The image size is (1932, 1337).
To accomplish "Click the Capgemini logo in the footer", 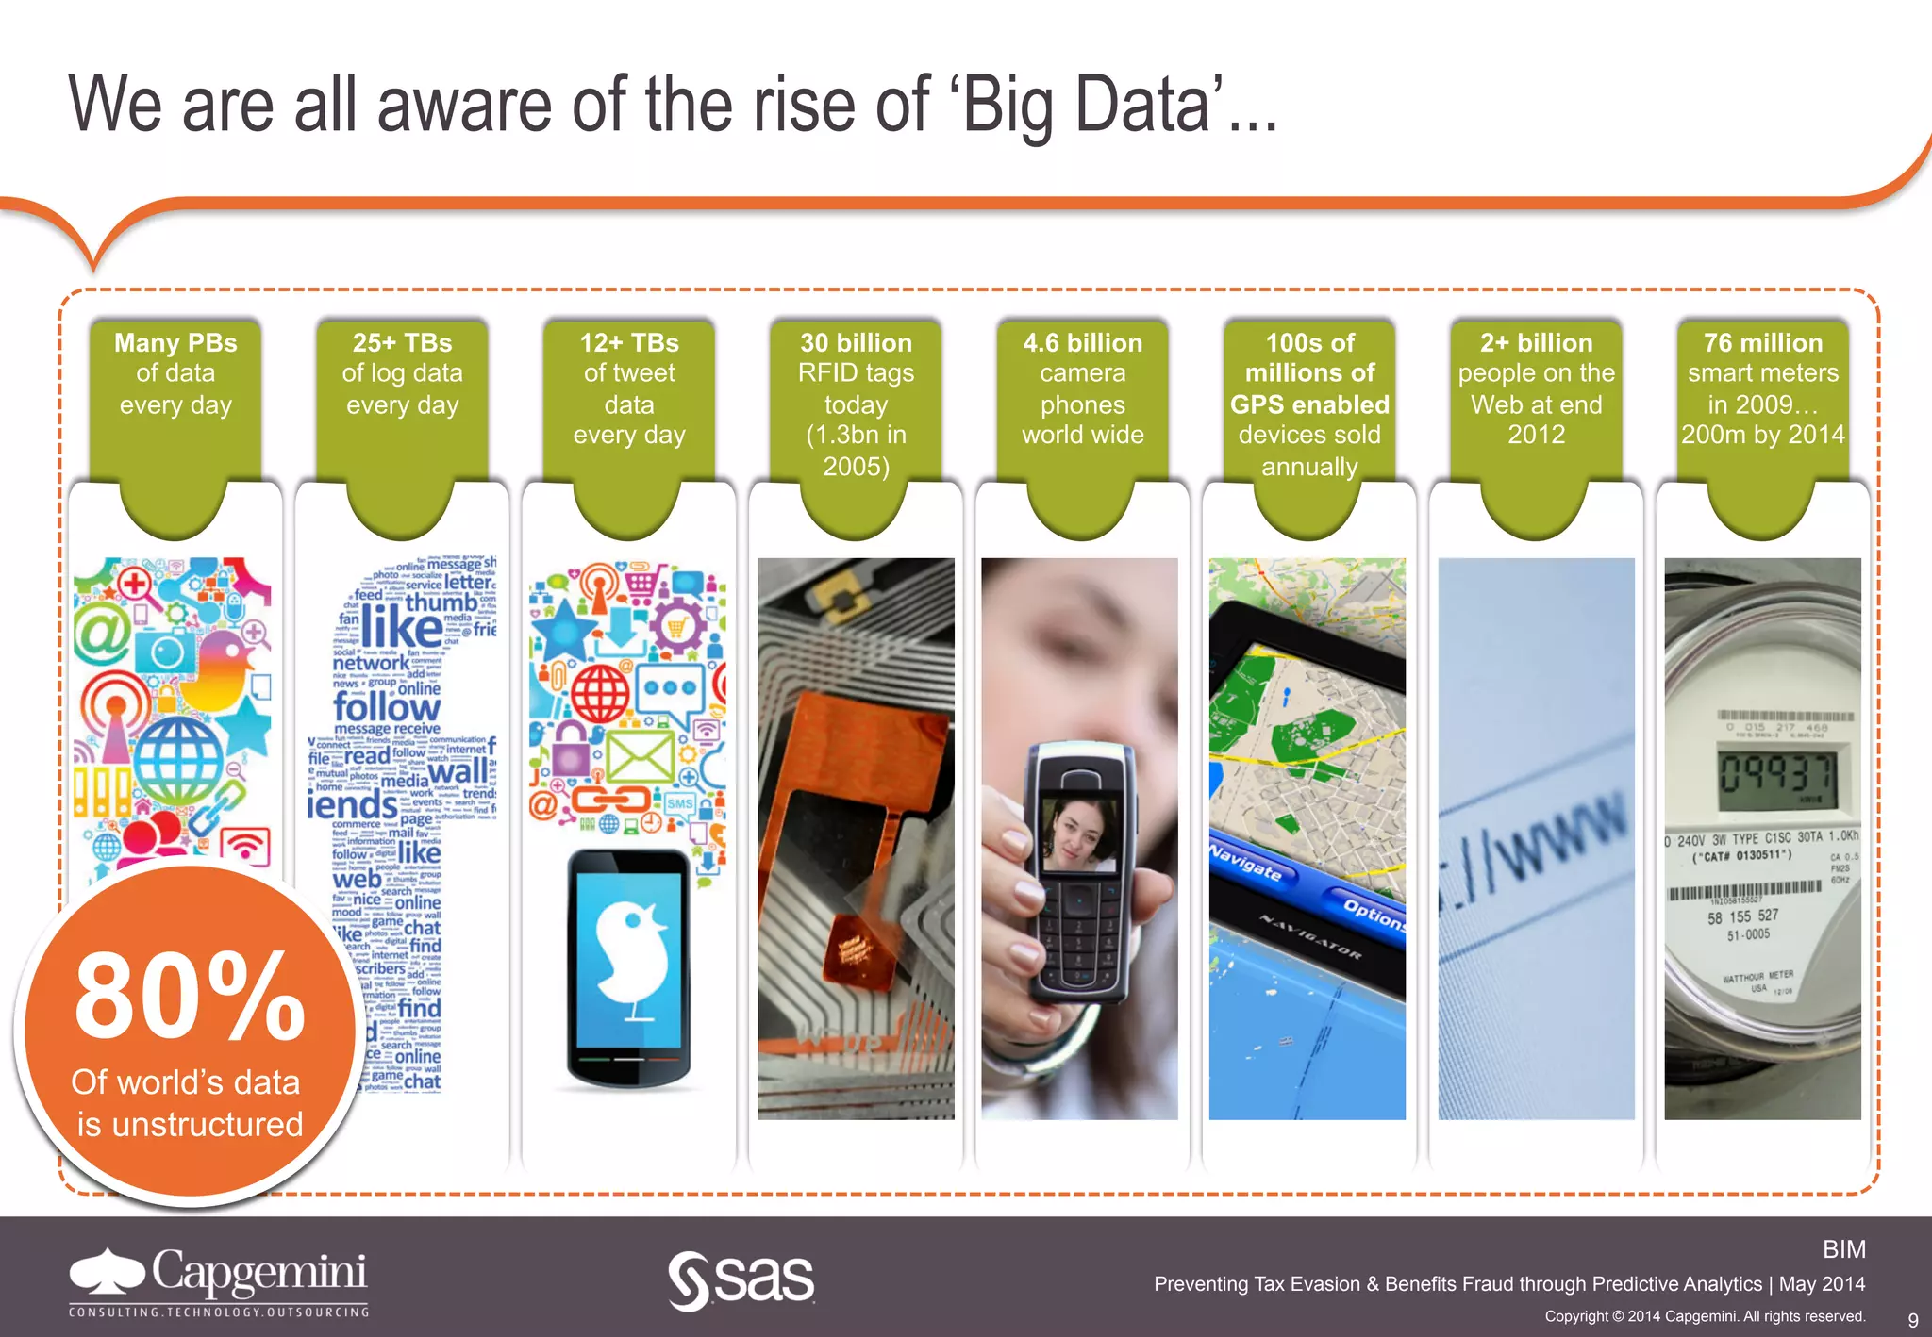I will [x=219, y=1280].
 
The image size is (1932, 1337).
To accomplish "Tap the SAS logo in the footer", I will [x=741, y=1280].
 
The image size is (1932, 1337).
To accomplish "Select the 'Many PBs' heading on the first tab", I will [x=175, y=342].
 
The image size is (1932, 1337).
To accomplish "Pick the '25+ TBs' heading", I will [x=402, y=342].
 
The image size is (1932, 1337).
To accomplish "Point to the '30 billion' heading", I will [x=856, y=342].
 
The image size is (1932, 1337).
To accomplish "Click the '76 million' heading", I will [x=1762, y=342].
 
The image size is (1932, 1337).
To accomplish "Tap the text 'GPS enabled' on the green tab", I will [x=1309, y=404].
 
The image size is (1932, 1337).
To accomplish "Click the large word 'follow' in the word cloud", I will [x=387, y=706].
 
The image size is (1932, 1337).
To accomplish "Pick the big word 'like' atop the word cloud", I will [x=401, y=627].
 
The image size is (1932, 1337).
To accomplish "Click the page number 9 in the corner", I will [x=1912, y=1319].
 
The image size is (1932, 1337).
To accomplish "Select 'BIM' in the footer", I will [x=1843, y=1249].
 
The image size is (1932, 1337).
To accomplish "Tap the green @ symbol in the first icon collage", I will [x=103, y=635].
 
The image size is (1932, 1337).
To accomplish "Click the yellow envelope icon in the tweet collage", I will [x=639, y=756].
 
